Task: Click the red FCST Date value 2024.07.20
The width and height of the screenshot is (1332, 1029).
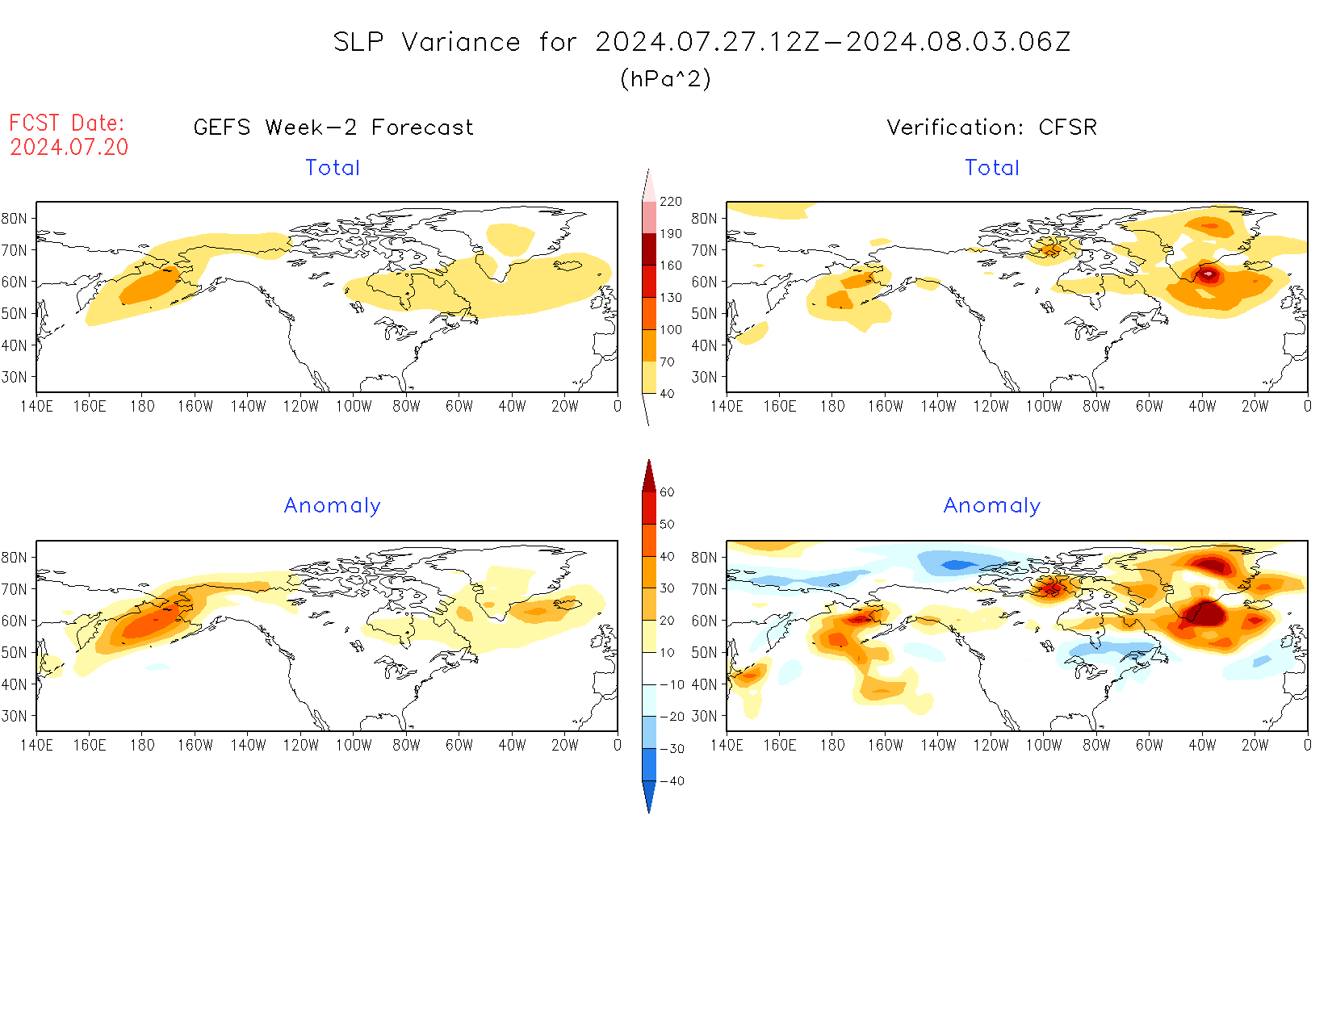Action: [69, 147]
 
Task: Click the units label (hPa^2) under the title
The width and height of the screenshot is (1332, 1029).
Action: [665, 78]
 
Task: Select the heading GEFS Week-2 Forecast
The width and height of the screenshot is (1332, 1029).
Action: [333, 128]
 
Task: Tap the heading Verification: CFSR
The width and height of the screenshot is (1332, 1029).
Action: [991, 128]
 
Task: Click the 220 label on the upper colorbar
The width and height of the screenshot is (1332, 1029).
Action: [671, 202]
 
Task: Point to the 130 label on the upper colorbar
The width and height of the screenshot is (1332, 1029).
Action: [671, 298]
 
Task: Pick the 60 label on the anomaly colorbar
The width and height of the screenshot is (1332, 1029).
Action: [667, 492]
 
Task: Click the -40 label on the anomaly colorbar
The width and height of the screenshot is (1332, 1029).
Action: [672, 781]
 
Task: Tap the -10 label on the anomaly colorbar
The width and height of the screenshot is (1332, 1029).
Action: [672, 684]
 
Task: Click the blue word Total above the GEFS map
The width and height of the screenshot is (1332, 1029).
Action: [333, 168]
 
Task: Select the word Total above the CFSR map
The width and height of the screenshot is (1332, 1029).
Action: [992, 168]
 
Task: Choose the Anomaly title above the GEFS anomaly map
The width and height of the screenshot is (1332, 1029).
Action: [332, 506]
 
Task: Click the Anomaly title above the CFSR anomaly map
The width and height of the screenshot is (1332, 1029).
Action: [992, 506]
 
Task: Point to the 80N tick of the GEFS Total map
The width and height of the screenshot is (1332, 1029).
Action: [15, 219]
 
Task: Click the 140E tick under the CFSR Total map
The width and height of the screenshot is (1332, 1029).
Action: [727, 407]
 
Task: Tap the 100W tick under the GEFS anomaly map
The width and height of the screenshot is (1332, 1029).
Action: [354, 746]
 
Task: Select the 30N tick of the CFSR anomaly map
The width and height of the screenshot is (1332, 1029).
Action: [704, 716]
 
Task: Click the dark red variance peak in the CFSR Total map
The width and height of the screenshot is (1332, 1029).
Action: [1208, 274]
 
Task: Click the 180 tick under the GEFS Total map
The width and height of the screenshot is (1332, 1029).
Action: [142, 407]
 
